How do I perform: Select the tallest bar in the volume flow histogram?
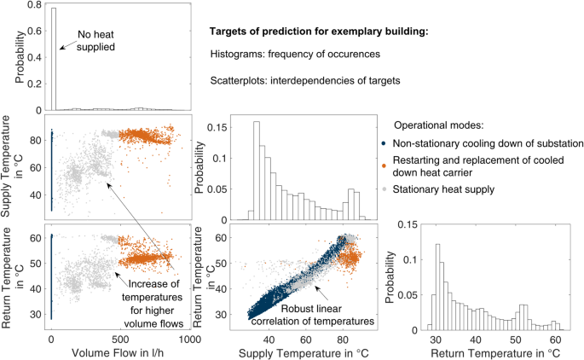(x=53, y=60)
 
